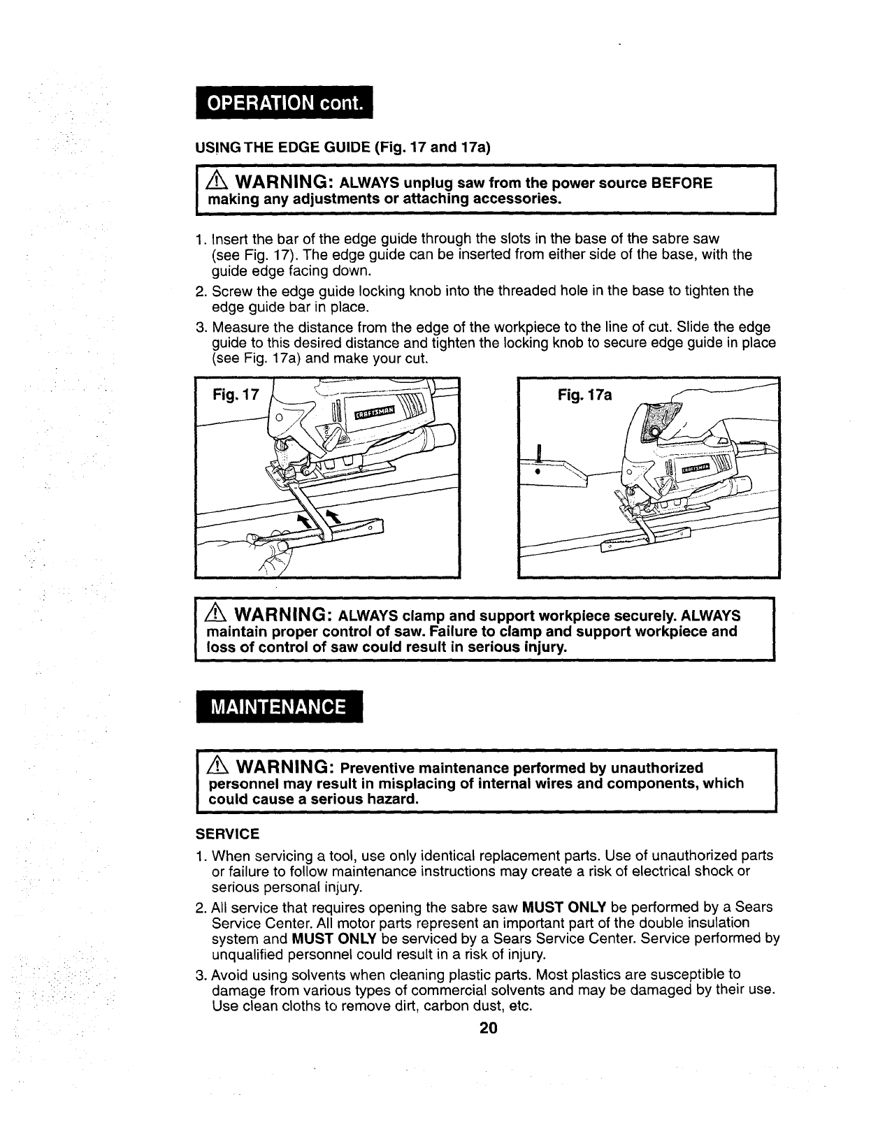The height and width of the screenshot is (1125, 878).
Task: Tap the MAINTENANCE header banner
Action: click(x=278, y=706)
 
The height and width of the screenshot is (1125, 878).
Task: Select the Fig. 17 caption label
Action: click(x=235, y=395)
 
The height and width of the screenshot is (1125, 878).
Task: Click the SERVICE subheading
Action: click(x=227, y=834)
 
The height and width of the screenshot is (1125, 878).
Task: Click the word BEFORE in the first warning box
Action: click(x=681, y=183)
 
